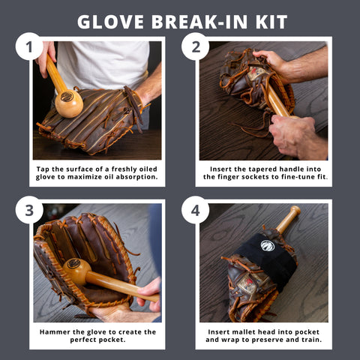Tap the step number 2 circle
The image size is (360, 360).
coord(196,47)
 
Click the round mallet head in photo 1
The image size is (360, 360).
coord(69,102)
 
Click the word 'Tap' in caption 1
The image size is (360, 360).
coord(43,169)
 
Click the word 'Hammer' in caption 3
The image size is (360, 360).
coord(55,331)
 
